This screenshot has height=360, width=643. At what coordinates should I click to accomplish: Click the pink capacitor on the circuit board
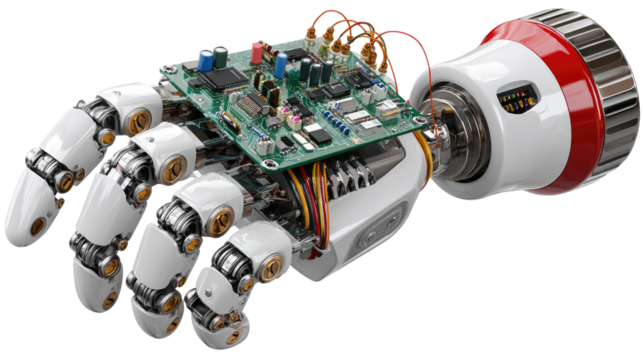click(258, 49)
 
